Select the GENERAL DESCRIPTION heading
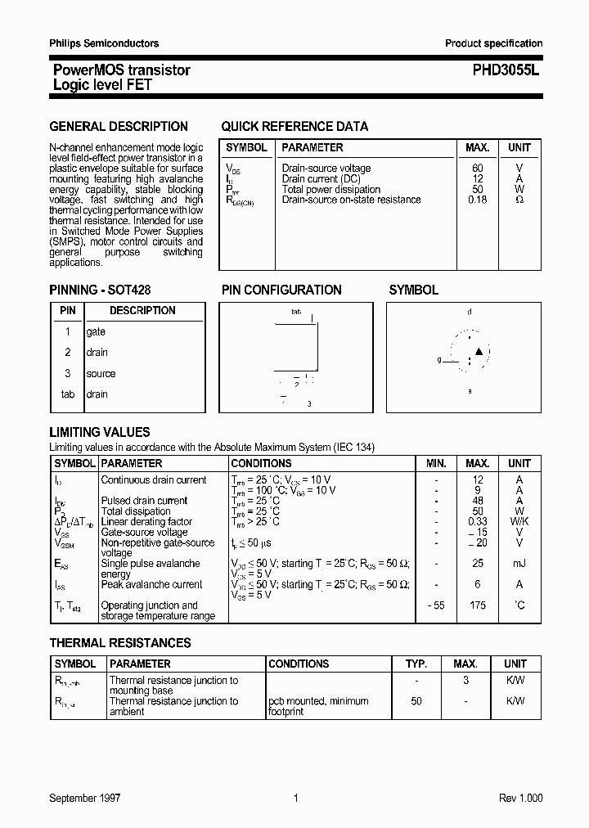tap(119, 127)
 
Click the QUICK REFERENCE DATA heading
tap(294, 127)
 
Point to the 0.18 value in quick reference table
tap(478, 200)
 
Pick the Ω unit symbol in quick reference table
tap(519, 200)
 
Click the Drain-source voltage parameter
tap(326, 169)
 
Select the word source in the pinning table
tap(101, 374)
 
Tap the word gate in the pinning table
tap(96, 332)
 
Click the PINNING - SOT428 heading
tap(100, 290)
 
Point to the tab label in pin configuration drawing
tap(296, 312)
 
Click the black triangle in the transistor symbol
tap(479, 353)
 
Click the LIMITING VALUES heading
tap(100, 432)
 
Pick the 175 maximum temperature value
tap(478, 605)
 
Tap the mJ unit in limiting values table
tap(519, 564)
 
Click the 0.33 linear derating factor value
tap(478, 522)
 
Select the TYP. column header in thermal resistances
tap(416, 664)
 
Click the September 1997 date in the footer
tap(85, 799)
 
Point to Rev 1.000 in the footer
tap(520, 799)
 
